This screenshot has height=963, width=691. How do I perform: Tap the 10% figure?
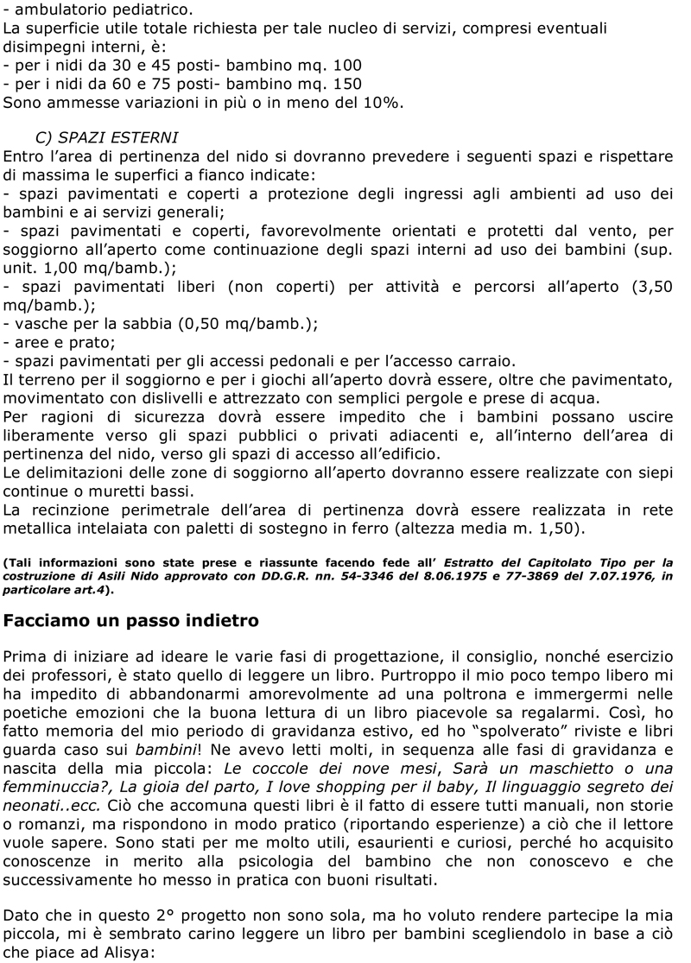383,103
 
